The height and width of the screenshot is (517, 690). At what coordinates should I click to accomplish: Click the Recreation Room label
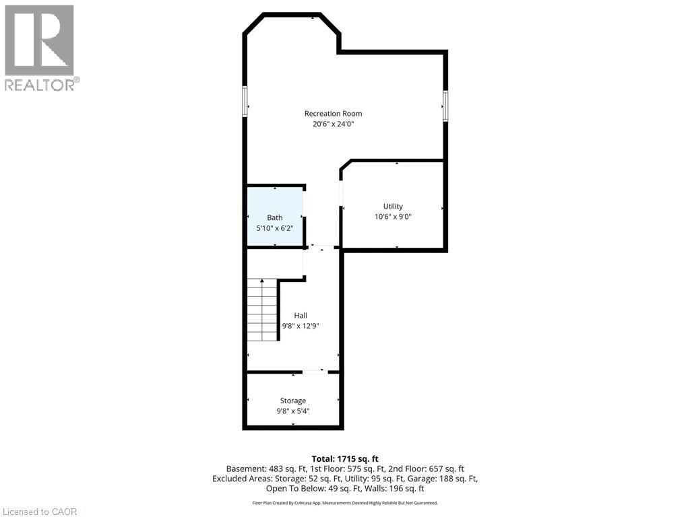click(333, 114)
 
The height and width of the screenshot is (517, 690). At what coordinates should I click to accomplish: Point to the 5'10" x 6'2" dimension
click(275, 228)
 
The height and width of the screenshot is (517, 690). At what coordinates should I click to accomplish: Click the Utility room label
click(393, 207)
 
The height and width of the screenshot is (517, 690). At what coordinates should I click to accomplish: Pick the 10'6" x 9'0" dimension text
click(393, 217)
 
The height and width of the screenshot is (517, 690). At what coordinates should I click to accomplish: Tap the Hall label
click(301, 316)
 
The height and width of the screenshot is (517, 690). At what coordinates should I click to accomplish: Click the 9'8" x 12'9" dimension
click(301, 326)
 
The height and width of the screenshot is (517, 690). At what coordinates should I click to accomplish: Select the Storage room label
click(293, 401)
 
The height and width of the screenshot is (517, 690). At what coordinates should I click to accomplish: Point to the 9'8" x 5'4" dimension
click(293, 411)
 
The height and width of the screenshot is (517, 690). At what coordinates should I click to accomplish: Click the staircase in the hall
click(262, 310)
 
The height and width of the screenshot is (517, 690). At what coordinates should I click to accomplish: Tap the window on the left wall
click(245, 102)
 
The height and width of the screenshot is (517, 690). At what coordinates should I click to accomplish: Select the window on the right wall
click(445, 106)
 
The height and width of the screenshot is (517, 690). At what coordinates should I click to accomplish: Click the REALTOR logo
click(40, 47)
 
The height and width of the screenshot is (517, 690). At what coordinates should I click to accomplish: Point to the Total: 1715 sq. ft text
click(344, 458)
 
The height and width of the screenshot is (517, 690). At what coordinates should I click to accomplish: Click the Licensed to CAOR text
click(40, 512)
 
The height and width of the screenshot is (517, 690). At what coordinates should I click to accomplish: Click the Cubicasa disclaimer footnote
click(344, 503)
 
